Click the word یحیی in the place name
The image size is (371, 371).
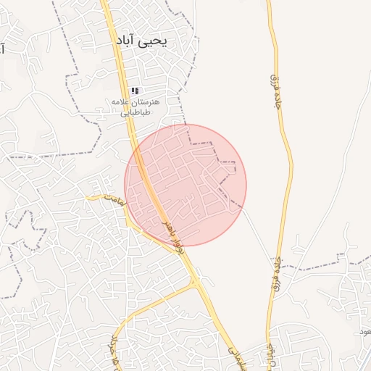pos(154,42)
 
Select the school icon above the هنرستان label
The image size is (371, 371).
pos(135,91)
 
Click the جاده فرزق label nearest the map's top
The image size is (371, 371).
pos(275,91)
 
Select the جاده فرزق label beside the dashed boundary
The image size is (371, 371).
pos(276,270)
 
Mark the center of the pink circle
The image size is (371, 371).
pos(185,184)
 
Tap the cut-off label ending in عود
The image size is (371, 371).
pos(362,332)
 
